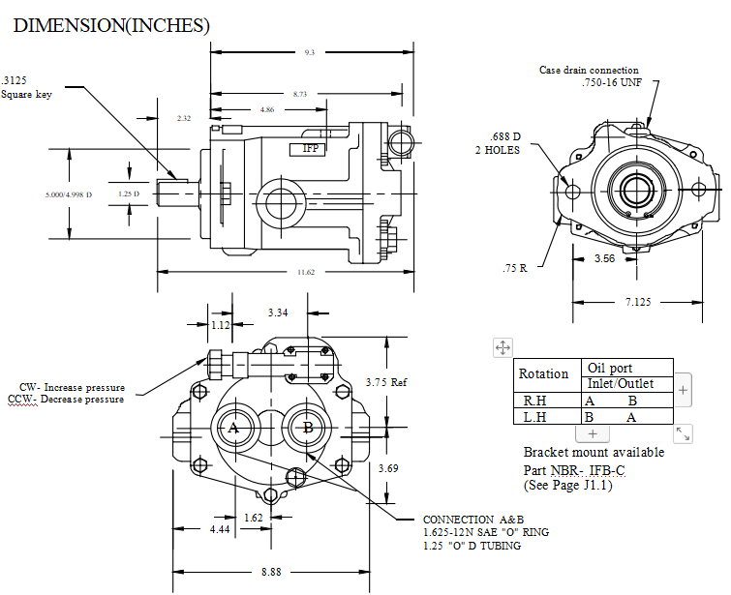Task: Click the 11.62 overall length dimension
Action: point(306,272)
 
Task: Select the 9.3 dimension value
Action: point(310,52)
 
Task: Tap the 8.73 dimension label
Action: point(300,94)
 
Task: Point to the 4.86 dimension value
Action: point(267,110)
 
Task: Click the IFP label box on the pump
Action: point(307,149)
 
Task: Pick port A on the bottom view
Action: point(233,428)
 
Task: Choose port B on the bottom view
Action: point(308,428)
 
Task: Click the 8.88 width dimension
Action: point(271,572)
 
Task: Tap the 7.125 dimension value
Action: point(638,302)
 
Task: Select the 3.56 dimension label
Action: point(605,258)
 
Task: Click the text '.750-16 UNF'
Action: point(612,82)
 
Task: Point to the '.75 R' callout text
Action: point(515,268)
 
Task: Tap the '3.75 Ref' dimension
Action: point(386,382)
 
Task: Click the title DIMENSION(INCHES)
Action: point(111,25)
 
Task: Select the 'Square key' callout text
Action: point(26,95)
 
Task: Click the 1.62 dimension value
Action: point(253,518)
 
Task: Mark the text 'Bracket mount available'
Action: point(594,453)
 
